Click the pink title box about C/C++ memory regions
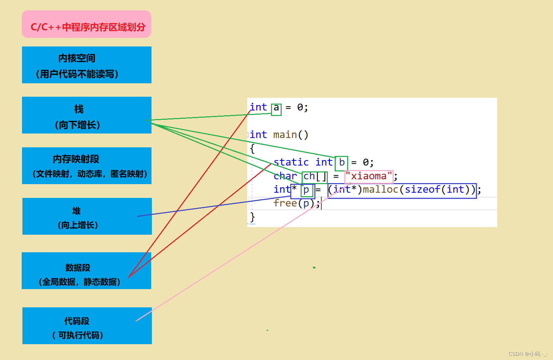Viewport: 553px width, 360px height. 86,24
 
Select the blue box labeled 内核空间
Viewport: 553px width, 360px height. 87,65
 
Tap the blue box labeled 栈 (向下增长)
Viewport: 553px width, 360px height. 87,115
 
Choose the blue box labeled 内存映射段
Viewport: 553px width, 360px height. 87,166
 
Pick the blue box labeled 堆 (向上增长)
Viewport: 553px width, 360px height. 87,216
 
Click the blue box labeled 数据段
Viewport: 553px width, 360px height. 86,271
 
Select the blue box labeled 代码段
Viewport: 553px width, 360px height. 87,326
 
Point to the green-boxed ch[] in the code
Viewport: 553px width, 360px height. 314,177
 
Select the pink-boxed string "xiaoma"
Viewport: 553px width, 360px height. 369,177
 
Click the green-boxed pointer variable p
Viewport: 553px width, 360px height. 306,190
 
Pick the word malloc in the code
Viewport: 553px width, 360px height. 380,190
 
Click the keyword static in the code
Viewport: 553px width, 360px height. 291,162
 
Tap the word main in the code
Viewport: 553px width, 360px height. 285,135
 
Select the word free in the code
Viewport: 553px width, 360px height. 285,203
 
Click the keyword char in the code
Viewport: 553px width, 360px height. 285,176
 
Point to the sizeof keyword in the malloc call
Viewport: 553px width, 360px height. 422,190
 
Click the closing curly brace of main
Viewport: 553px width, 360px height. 252,217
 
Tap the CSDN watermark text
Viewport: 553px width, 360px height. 528,354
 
